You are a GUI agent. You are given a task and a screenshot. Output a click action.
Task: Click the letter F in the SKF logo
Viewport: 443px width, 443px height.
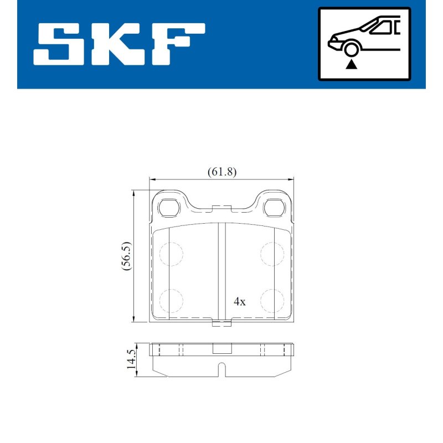[178, 44]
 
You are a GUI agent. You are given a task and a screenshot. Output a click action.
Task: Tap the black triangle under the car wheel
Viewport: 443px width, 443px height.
[351, 65]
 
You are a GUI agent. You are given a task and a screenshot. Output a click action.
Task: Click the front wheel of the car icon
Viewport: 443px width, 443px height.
[351, 49]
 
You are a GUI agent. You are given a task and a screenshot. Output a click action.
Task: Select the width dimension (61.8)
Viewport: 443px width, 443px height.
[222, 172]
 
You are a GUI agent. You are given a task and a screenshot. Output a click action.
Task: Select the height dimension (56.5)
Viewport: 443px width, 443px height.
[127, 256]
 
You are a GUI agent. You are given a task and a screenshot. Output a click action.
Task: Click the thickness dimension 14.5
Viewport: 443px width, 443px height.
[132, 359]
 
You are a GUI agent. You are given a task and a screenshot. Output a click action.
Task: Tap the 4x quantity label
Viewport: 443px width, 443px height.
[240, 302]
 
